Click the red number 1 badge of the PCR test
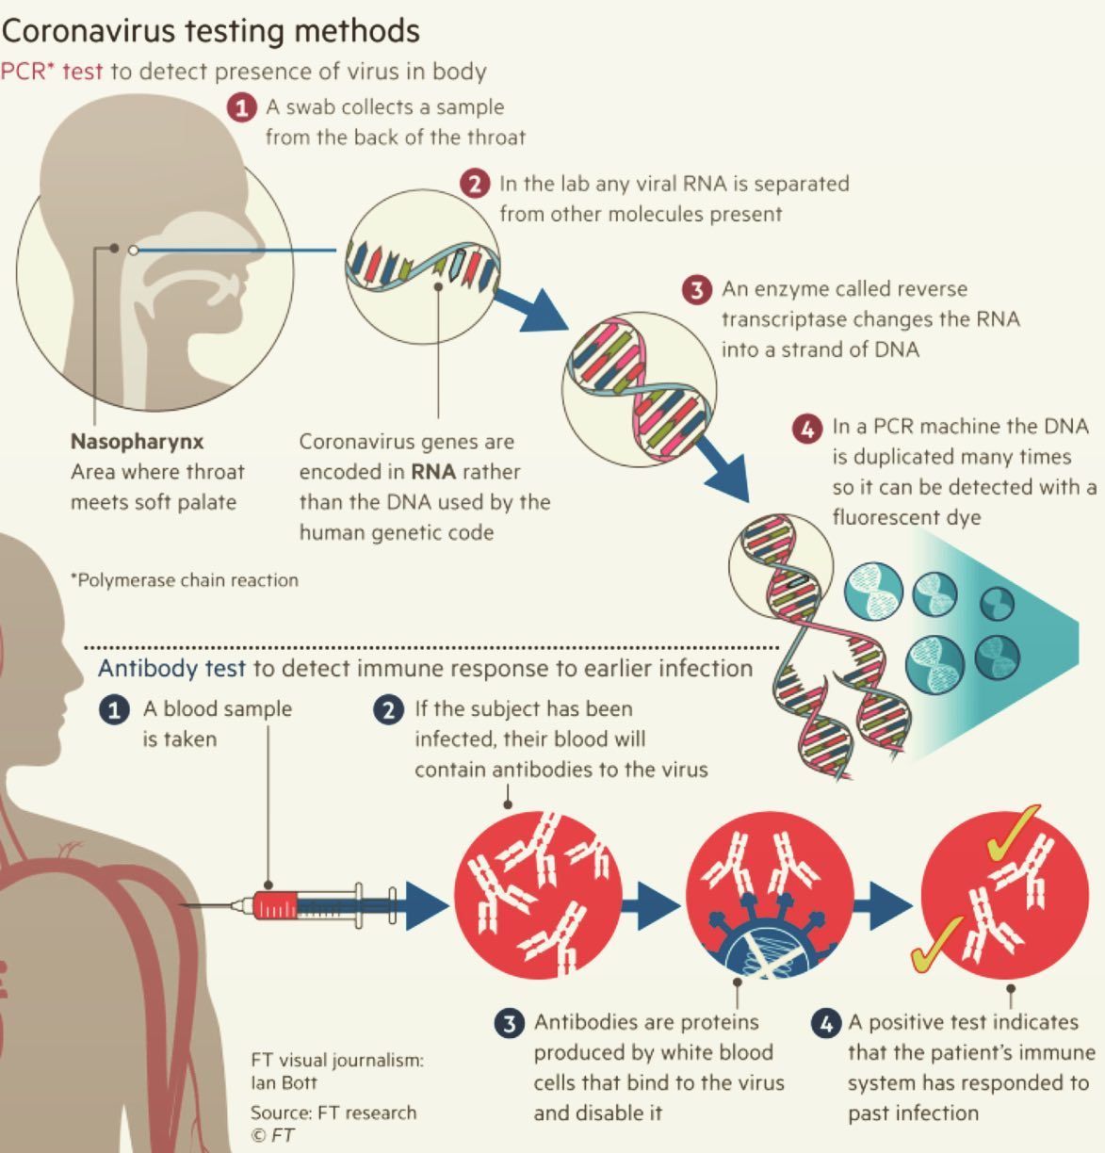(241, 107)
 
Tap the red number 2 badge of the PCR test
(475, 184)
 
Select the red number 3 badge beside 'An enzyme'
(697, 290)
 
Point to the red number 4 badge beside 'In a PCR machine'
(807, 428)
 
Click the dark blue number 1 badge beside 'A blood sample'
(114, 710)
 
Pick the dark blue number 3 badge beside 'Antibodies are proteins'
(509, 1024)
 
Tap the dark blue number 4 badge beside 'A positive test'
(826, 1024)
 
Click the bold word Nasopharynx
(137, 442)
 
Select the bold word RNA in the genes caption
(433, 472)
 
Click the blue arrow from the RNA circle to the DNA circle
(530, 309)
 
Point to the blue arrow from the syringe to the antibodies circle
(427, 905)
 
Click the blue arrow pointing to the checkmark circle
(883, 905)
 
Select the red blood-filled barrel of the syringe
(275, 905)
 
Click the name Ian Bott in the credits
(284, 1082)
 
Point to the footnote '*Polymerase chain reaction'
(185, 580)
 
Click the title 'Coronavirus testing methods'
(211, 31)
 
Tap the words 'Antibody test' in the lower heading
(171, 668)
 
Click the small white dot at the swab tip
(134, 251)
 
